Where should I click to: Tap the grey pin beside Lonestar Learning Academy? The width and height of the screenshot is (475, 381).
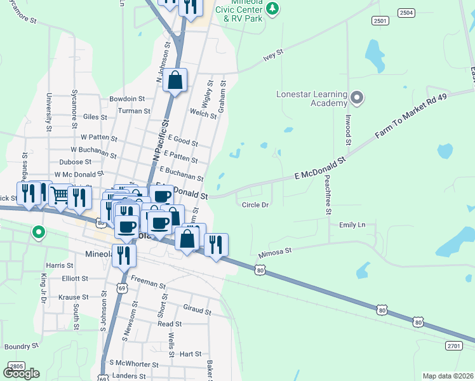click(x=357, y=97)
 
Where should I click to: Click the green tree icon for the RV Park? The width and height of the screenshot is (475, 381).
click(x=272, y=8)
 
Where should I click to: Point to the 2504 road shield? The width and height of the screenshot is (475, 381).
click(x=406, y=13)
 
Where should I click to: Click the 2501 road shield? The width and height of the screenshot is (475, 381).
click(x=380, y=21)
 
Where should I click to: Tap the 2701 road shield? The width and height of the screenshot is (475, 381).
click(x=453, y=345)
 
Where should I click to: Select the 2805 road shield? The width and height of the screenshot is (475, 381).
click(x=17, y=366)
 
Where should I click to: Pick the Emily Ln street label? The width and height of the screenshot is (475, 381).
click(x=352, y=225)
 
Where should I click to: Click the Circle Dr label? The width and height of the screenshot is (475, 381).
click(x=256, y=204)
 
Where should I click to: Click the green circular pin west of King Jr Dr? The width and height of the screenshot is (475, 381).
click(x=39, y=232)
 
